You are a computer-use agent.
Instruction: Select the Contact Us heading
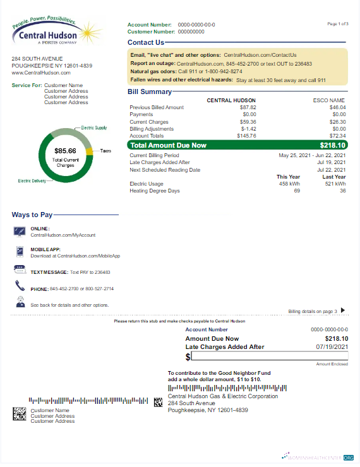pos(146,42)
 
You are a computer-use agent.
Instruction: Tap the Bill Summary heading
pos(150,92)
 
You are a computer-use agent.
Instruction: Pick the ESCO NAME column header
pos(329,100)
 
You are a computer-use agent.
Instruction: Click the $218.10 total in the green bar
pos(333,145)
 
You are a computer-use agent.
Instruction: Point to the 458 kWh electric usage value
pos(289,184)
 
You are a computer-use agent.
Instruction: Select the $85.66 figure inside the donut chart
pos(65,151)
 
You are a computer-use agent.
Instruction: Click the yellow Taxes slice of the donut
pos(89,151)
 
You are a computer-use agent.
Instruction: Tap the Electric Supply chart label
pos(95,127)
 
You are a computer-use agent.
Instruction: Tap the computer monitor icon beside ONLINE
pos(19,232)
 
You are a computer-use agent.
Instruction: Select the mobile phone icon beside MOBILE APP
pos(19,252)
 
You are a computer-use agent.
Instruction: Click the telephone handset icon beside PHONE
pos(19,287)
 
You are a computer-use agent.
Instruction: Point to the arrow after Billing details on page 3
pos(343,310)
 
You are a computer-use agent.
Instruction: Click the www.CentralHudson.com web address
pos(41,73)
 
